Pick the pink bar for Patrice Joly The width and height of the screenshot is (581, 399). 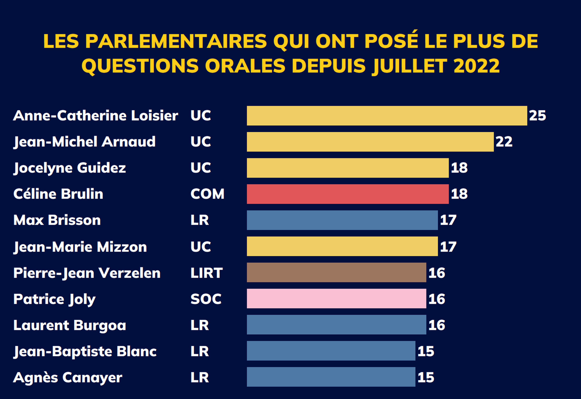point(336,298)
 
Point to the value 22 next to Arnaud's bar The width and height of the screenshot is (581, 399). point(504,142)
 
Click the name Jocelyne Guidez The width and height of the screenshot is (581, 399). point(70,168)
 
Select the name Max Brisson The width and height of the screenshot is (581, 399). point(57,220)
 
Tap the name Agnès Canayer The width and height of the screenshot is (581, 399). point(68,377)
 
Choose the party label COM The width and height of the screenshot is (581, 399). point(207,194)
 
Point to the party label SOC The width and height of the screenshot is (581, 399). point(206,299)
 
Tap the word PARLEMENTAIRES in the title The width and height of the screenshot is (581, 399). point(176,41)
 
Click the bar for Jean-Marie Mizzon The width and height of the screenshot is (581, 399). point(342,246)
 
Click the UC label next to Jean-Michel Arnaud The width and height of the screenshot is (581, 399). point(200,142)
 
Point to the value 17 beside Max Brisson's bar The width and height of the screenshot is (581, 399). point(448,220)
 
